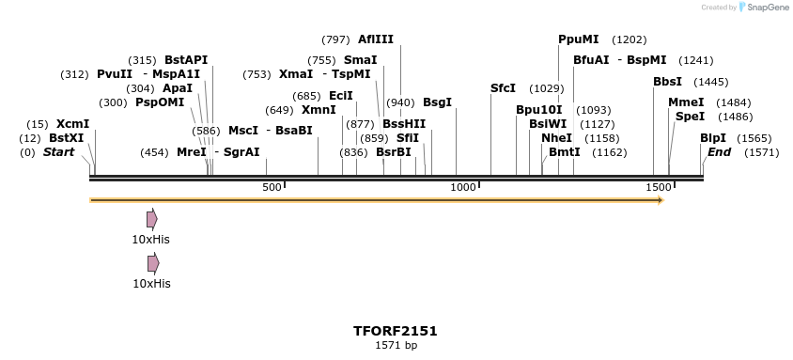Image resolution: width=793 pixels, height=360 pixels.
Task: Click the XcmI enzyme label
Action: tap(72, 124)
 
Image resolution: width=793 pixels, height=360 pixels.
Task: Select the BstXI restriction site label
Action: tap(66, 138)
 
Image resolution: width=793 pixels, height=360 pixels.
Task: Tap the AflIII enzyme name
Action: tap(376, 39)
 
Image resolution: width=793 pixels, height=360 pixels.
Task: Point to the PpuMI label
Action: tap(578, 39)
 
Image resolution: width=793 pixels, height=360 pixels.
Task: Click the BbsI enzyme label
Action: tap(667, 82)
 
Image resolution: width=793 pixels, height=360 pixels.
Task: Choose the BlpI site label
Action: tap(712, 138)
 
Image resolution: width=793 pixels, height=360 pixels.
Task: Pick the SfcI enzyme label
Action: tap(503, 88)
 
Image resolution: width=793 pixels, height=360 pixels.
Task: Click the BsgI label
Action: tap(437, 102)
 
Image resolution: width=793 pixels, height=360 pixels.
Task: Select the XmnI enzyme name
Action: tap(319, 110)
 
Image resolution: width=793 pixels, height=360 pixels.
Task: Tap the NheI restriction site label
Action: tap(556, 138)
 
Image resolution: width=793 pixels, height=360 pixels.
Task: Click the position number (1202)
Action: tap(629, 39)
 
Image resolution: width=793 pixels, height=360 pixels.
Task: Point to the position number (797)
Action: tap(335, 39)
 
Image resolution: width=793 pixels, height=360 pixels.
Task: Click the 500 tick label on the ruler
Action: tap(272, 188)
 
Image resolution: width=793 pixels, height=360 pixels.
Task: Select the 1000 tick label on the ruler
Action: tap(464, 188)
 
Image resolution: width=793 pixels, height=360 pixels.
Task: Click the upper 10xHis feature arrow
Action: tap(152, 219)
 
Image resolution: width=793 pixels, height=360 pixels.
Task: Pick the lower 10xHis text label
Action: tap(151, 283)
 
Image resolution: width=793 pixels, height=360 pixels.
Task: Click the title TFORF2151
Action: tap(395, 331)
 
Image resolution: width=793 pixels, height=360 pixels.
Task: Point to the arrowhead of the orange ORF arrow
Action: tap(661, 200)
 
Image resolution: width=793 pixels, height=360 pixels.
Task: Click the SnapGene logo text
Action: tap(767, 8)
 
